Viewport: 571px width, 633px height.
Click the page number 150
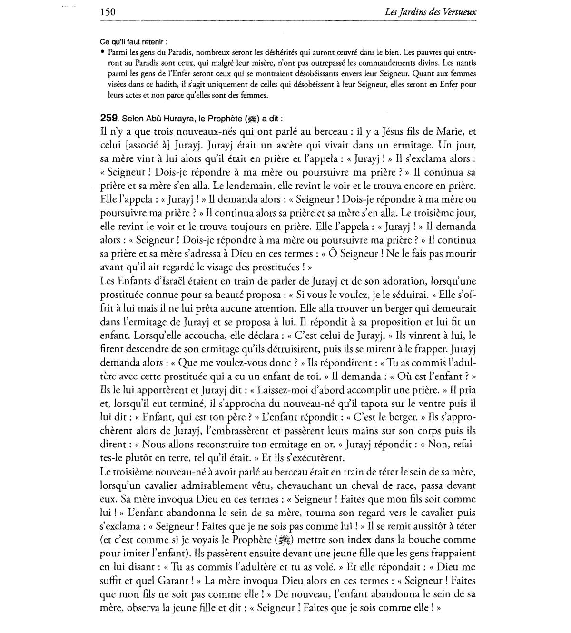[x=108, y=12]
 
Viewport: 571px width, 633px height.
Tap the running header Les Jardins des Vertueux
[x=430, y=12]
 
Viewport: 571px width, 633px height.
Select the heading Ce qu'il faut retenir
[x=133, y=42]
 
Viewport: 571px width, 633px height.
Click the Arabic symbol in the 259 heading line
[x=252, y=119]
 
